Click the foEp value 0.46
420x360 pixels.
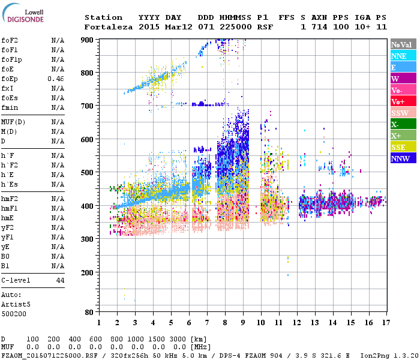(56, 79)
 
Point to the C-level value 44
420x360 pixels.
(60, 280)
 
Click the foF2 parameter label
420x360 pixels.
(9, 40)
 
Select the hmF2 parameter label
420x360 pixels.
(9, 199)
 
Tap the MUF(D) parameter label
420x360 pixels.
(13, 122)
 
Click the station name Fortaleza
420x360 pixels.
(108, 27)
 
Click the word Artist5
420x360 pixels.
(16, 304)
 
